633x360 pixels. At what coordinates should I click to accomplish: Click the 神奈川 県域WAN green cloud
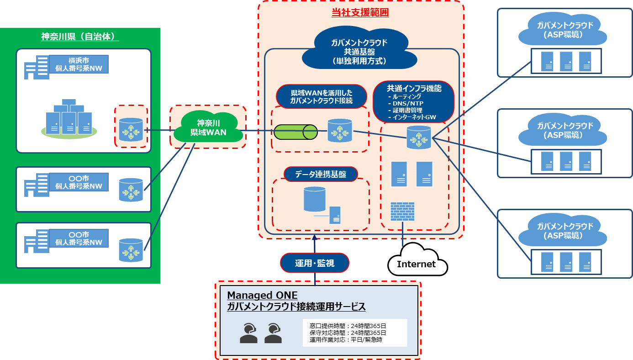(208, 128)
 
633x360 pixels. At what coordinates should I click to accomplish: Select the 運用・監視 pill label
(315, 263)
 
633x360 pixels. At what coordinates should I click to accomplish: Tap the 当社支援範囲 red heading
(360, 13)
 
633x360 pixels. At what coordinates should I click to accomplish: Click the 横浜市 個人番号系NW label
(79, 64)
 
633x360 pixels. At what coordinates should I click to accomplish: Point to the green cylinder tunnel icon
(295, 132)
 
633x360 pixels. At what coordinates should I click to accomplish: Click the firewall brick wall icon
(402, 212)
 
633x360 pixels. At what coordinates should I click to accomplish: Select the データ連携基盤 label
(321, 174)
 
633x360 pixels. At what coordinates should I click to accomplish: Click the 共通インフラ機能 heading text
(414, 89)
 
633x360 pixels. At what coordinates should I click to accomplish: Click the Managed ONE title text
(262, 295)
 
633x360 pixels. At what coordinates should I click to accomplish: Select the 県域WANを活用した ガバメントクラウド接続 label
(321, 97)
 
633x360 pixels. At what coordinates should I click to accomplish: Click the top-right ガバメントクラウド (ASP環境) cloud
(565, 30)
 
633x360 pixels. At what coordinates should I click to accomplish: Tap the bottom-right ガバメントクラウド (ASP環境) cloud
(565, 231)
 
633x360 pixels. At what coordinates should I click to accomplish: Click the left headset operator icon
(248, 333)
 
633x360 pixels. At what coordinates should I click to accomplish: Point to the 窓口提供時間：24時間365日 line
(348, 326)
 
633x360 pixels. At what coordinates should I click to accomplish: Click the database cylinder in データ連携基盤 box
(315, 198)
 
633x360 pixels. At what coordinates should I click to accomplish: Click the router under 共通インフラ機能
(419, 137)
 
